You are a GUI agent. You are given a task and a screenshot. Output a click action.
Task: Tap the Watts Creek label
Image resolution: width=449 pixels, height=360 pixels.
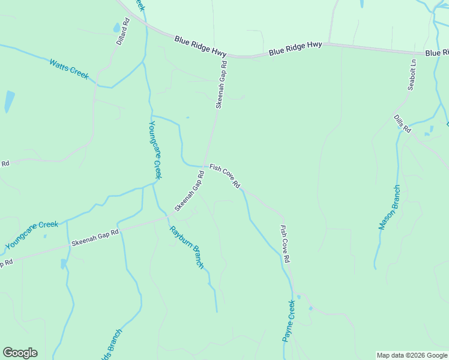coord(69,68)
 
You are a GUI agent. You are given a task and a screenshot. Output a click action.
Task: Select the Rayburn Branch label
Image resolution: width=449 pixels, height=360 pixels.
coord(187,247)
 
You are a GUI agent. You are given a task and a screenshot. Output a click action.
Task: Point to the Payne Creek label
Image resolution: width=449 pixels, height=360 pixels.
coord(289,322)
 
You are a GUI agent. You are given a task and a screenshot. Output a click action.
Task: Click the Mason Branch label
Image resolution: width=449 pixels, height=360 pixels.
coord(389,207)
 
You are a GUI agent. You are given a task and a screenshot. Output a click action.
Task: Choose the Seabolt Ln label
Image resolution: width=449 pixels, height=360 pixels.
coord(412,74)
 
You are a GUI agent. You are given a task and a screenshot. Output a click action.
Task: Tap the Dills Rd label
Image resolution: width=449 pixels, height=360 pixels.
coord(402,124)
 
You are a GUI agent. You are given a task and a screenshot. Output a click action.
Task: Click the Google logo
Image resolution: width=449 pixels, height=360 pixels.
coord(20,353)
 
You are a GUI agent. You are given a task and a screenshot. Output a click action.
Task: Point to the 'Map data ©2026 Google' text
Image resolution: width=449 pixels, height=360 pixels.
coord(412,355)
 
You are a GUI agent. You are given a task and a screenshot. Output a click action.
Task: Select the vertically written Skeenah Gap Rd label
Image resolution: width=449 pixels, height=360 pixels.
coord(221,84)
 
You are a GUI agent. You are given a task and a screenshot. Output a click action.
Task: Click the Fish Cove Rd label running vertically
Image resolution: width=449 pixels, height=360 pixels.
coord(286,244)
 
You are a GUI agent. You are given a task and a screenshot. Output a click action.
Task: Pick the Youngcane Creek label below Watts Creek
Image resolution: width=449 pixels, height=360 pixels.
coord(155,149)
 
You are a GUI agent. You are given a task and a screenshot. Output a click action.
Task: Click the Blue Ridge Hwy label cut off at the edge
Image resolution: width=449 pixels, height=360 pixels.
coord(436,53)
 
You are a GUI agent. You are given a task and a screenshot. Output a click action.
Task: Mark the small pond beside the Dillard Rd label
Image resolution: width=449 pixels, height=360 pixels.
coord(116,28)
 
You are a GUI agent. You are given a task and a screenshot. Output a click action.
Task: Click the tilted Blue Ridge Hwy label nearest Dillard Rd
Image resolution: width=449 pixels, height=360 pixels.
coord(200,46)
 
